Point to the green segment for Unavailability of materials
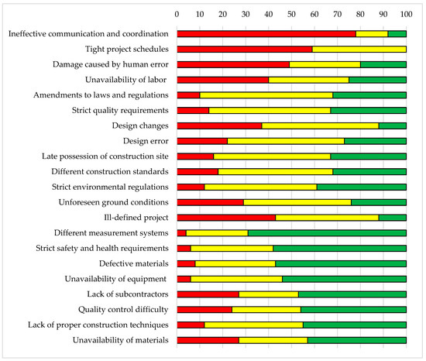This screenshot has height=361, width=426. [356, 340]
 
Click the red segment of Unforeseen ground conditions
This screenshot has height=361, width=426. [210, 202]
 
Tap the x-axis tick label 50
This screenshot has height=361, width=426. [291, 14]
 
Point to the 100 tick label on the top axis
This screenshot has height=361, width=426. [406, 14]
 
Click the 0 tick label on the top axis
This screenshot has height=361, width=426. [177, 14]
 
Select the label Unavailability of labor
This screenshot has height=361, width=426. [125, 80]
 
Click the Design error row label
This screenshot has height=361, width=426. [146, 141]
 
